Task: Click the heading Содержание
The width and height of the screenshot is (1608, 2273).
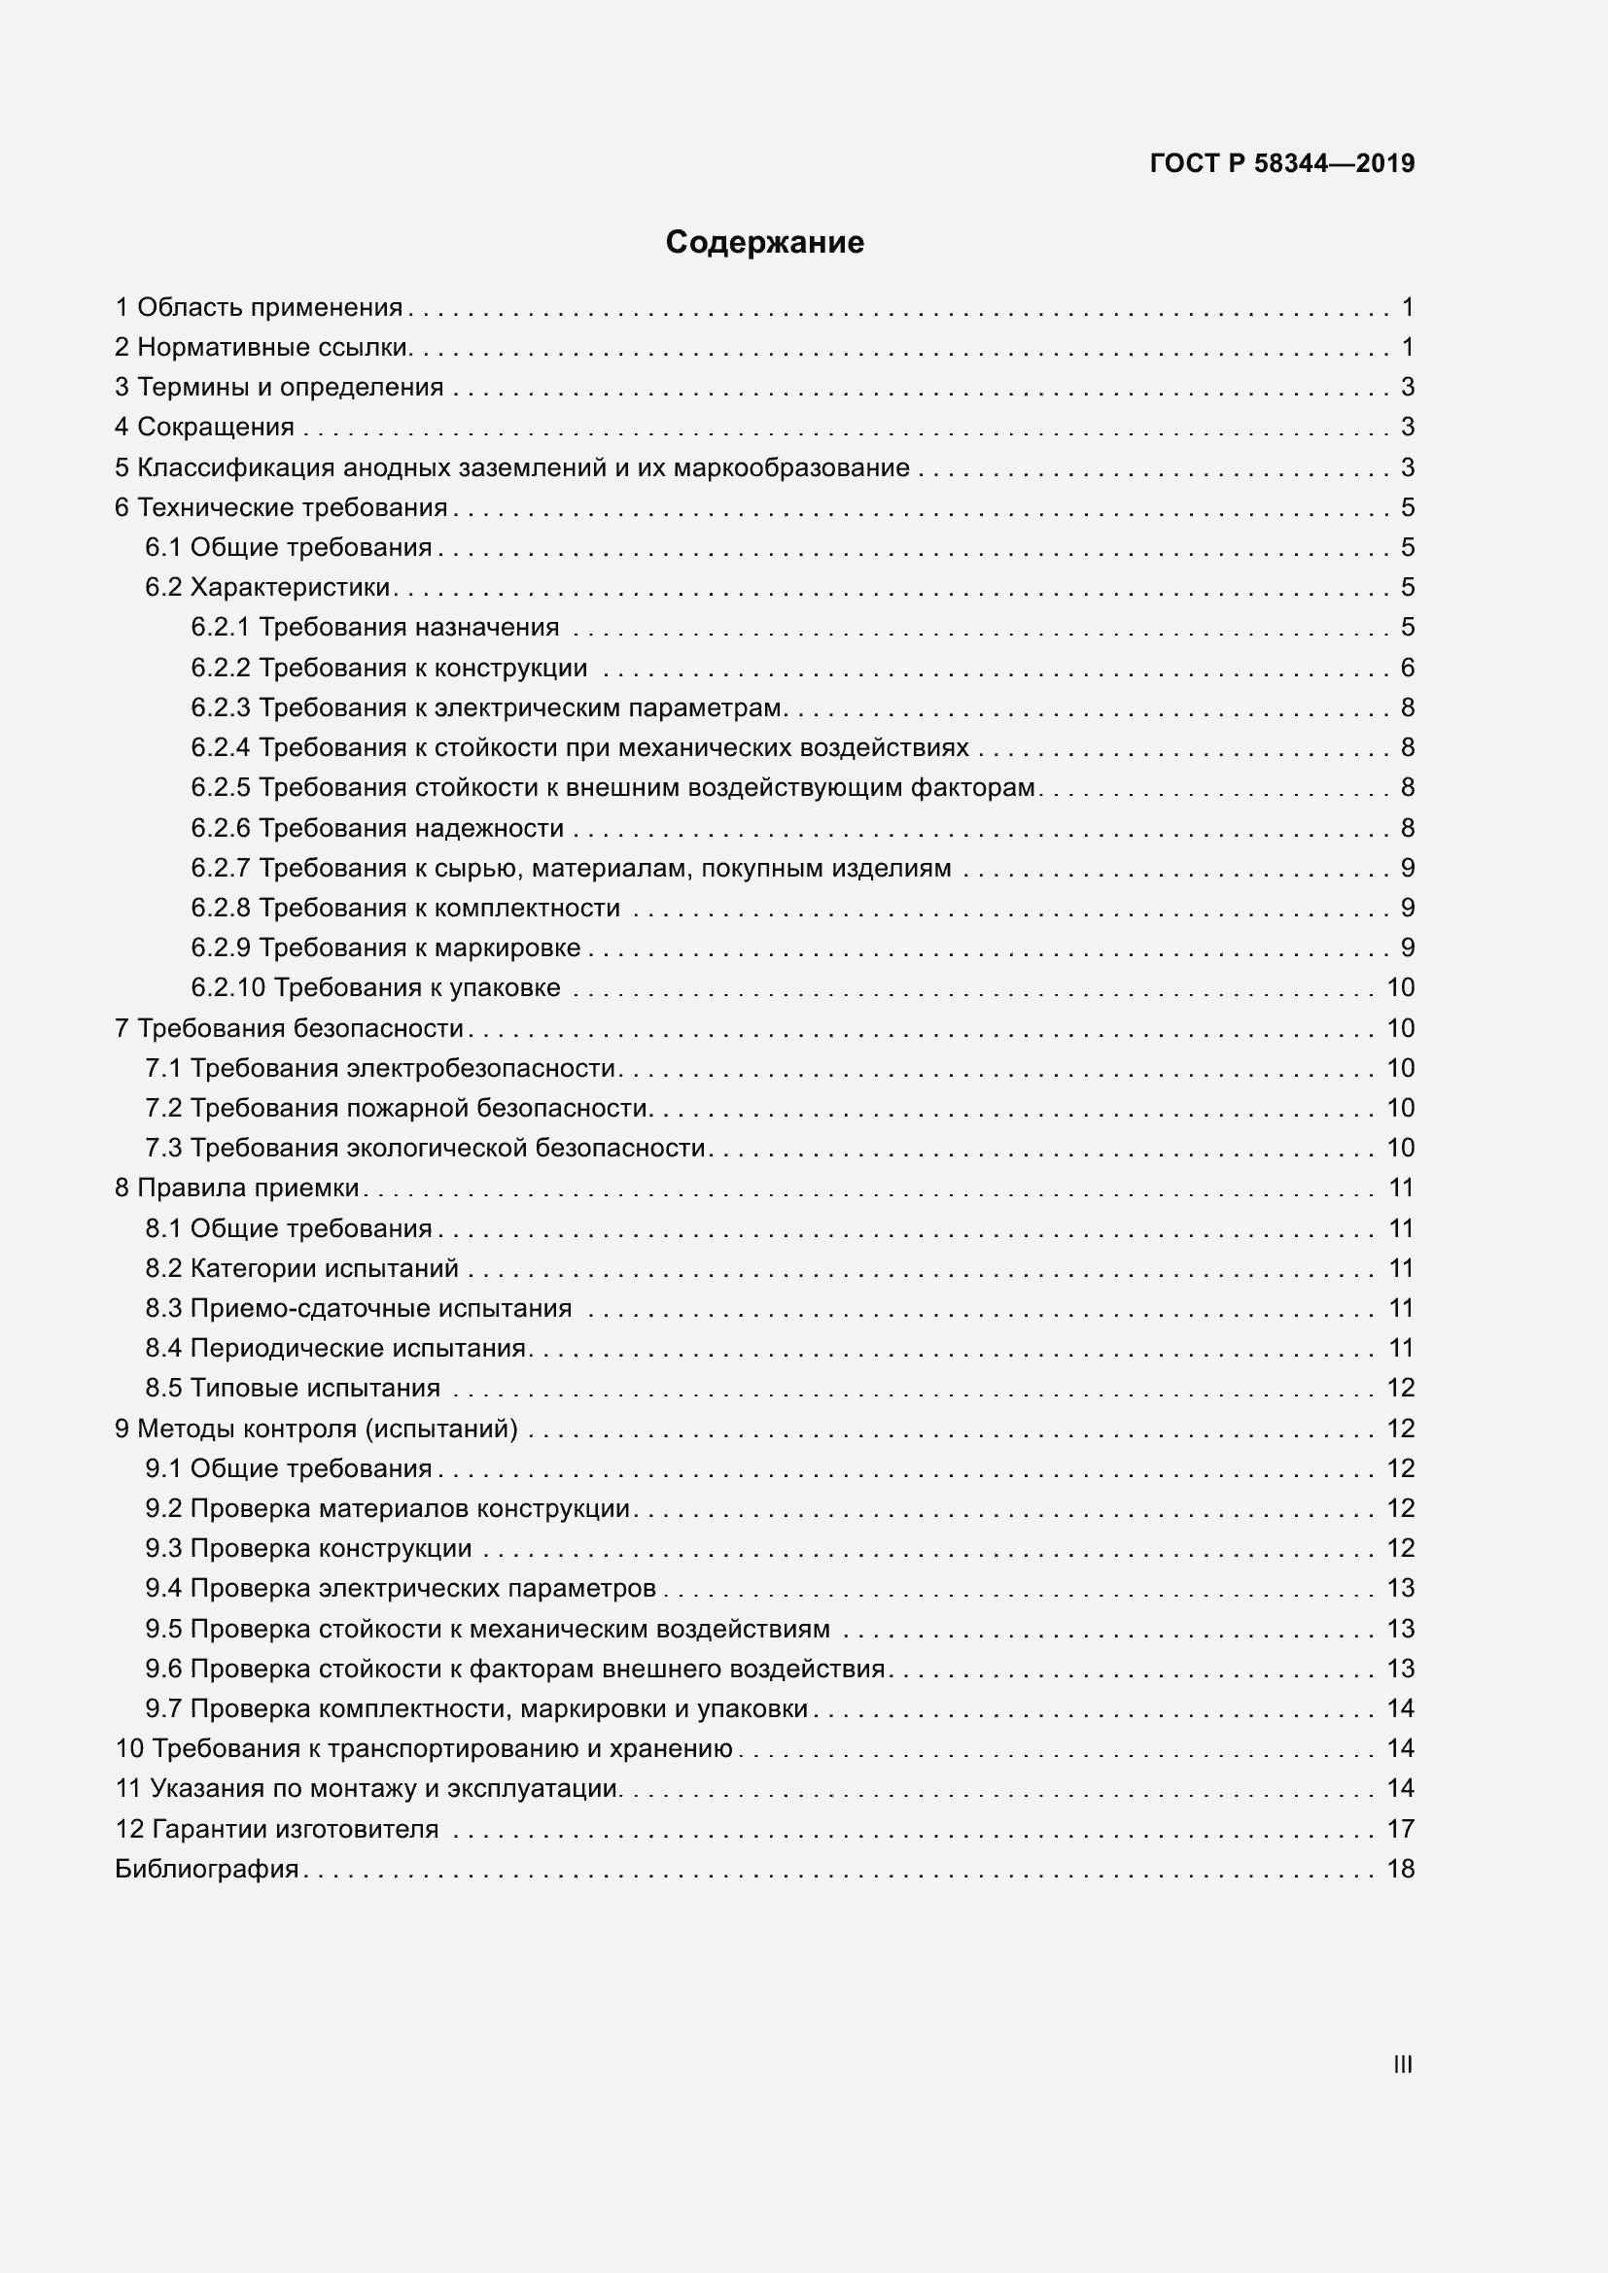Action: [x=764, y=243]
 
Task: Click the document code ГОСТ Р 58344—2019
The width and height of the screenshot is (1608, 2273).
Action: [x=1282, y=164]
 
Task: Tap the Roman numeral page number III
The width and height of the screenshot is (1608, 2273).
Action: [x=1402, y=2064]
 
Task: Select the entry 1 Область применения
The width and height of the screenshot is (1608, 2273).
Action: [x=260, y=308]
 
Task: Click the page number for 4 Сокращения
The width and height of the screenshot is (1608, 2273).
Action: [x=1407, y=428]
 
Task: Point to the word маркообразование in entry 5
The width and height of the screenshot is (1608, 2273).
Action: [x=791, y=468]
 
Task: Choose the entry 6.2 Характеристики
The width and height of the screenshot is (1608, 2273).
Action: [x=267, y=588]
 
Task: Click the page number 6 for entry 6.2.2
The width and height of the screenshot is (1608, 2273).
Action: [x=1407, y=669]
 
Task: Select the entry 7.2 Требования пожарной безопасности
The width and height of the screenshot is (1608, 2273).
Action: [x=397, y=1108]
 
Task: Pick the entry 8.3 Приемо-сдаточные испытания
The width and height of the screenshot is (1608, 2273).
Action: [x=359, y=1309]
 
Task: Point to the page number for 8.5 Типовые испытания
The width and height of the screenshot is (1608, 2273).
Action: [x=1400, y=1388]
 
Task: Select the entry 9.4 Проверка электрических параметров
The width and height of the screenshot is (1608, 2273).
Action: [x=400, y=1589]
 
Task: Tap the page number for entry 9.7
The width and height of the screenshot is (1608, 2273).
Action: [x=1400, y=1708]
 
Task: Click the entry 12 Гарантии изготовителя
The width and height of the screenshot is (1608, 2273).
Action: [x=276, y=1830]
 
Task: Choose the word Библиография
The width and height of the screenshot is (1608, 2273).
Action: [x=207, y=1869]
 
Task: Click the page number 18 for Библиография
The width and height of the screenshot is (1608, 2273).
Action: [x=1400, y=1869]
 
